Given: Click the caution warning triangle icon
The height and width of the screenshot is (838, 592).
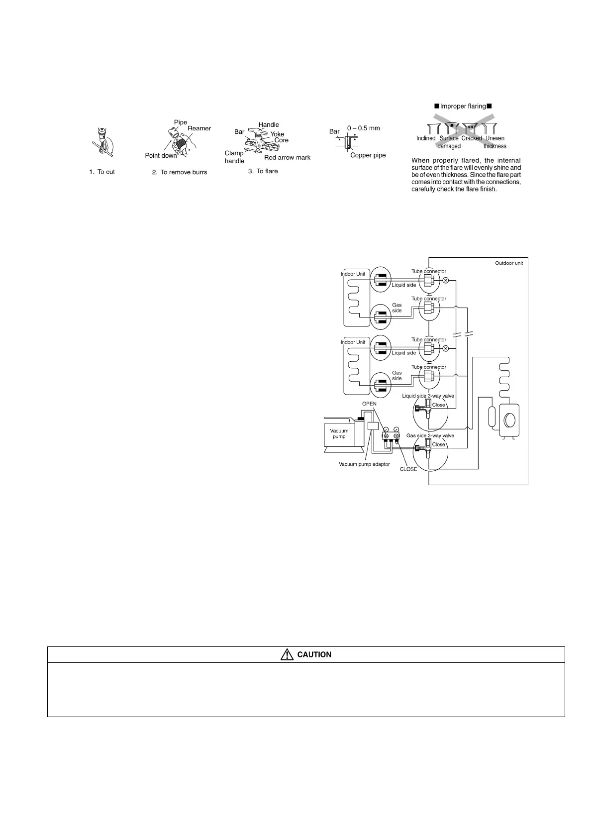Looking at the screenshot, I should coord(287,655).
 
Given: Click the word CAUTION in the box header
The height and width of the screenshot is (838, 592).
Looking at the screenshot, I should coord(314,655).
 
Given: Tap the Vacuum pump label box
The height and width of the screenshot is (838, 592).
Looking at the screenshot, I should coord(339,434).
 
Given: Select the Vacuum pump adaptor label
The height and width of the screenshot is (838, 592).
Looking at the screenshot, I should coord(364,464).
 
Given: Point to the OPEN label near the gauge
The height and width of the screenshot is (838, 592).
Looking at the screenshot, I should coord(369,404).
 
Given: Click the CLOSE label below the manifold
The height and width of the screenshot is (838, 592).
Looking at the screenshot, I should coord(408,469).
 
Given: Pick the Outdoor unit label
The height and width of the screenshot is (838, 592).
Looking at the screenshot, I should coord(509,263).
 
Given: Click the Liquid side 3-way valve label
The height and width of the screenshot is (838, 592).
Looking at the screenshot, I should coord(428,396).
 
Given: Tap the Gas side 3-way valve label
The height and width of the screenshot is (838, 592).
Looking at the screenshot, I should coord(430,435).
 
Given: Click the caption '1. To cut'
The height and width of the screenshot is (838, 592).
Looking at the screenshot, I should coord(102,172).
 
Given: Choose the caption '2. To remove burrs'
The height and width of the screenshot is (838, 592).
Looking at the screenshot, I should coord(180,172).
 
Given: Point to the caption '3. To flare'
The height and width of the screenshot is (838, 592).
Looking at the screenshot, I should coord(263,171).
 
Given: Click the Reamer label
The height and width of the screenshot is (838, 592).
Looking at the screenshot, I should coord(199,128).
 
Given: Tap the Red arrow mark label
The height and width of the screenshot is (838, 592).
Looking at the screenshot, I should coord(287,158).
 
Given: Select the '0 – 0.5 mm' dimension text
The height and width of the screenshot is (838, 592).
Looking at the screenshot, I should coord(363,128).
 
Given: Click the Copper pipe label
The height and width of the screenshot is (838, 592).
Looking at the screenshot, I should coord(368,155).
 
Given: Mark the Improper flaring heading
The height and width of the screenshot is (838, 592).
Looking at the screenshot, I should coord(463,106).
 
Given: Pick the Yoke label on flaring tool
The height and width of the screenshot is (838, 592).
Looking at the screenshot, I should coord(277,134).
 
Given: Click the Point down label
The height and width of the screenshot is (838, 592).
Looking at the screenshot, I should coord(161,156).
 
